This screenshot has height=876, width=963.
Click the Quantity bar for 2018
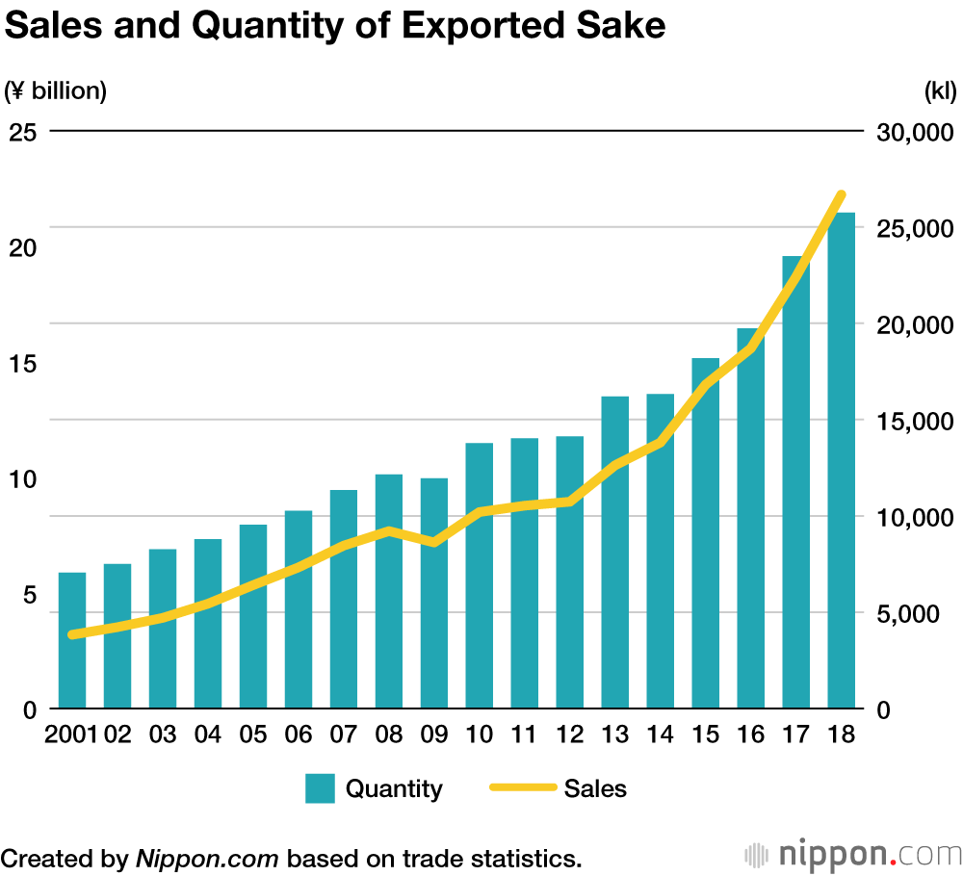pyautogui.click(x=841, y=462)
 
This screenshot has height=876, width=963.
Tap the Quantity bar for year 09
pyautogui.click(x=434, y=593)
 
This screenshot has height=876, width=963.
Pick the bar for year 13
pyautogui.click(x=615, y=553)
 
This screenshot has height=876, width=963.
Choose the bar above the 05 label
pyautogui.click(x=253, y=616)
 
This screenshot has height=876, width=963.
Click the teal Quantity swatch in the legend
pyautogui.click(x=320, y=788)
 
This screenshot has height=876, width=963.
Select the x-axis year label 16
pyautogui.click(x=751, y=734)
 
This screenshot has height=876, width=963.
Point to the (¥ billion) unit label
pyautogui.click(x=56, y=91)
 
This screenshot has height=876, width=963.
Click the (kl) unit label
pyautogui.click(x=940, y=91)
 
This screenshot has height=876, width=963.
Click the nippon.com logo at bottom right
pyautogui.click(x=853, y=855)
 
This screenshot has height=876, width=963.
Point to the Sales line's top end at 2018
pyautogui.click(x=841, y=195)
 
